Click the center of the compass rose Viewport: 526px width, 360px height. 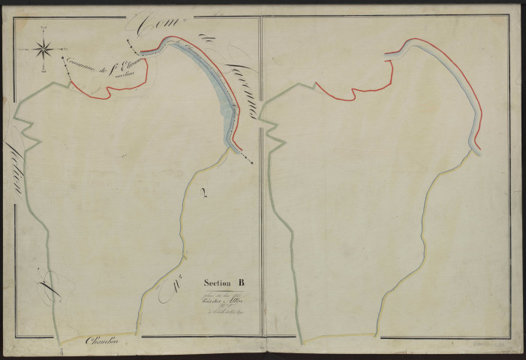click(44, 50)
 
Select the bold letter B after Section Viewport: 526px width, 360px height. click(242, 283)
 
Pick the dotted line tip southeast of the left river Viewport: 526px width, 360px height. click(251, 163)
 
